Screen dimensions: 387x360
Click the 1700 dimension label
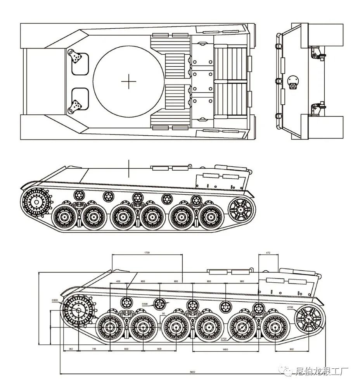click(147, 252)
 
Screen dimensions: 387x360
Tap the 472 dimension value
click(268, 252)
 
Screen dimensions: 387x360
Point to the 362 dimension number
click(71, 349)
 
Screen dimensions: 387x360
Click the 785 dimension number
click(94, 349)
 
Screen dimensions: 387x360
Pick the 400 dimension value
click(118, 281)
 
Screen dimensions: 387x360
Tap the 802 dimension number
click(291, 349)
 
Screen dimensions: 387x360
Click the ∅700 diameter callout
click(290, 307)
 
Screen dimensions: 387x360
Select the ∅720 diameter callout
click(224, 338)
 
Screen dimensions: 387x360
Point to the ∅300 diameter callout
click(144, 303)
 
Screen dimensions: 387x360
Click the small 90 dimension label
click(163, 313)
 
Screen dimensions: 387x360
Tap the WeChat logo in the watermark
click(288, 371)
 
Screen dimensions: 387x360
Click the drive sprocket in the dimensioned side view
click(78, 311)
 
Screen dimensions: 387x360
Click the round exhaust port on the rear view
click(293, 81)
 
